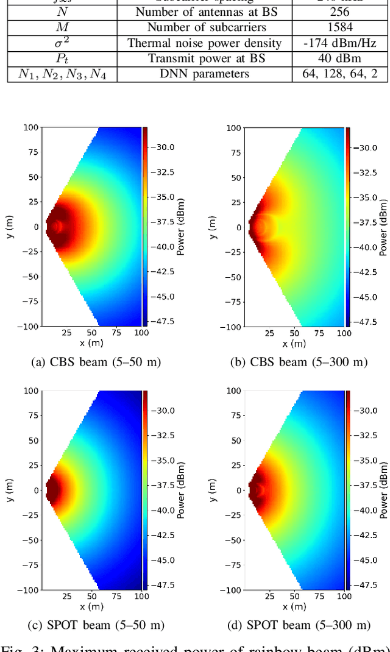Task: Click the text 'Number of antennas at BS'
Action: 204,12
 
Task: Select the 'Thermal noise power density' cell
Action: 204,43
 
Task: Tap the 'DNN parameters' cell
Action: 204,74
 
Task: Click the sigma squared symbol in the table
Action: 62,42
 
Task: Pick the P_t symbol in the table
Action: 62,58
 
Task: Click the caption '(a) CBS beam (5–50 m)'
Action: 96,362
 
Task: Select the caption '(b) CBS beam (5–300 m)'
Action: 299,362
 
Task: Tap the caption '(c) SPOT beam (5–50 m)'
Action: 96,625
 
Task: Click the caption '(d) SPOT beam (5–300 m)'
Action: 299,625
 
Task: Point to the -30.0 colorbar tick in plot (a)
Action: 162,147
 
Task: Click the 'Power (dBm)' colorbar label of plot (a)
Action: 181,227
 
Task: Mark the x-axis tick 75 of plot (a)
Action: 116,333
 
